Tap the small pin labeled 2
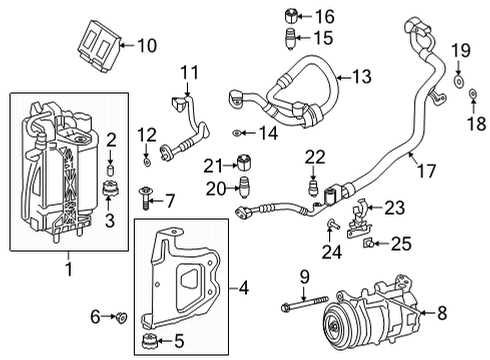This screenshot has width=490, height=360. (110, 166)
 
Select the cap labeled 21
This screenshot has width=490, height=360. (242, 163)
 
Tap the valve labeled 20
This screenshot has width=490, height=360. (242, 186)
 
